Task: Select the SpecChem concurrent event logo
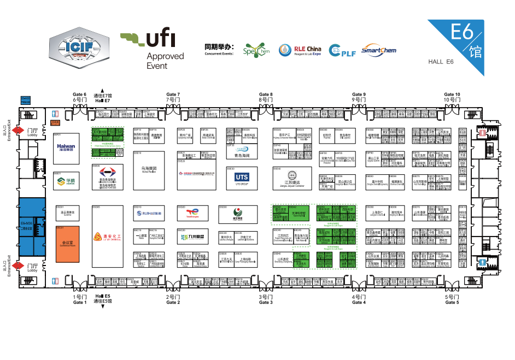coord(256,50)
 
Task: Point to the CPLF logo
coord(342,51)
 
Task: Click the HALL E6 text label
coord(441,62)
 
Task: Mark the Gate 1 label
coord(79,300)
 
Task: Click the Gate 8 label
coord(265,97)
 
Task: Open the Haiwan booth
coord(66,147)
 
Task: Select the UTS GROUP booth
coord(242,178)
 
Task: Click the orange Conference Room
coord(68,241)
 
